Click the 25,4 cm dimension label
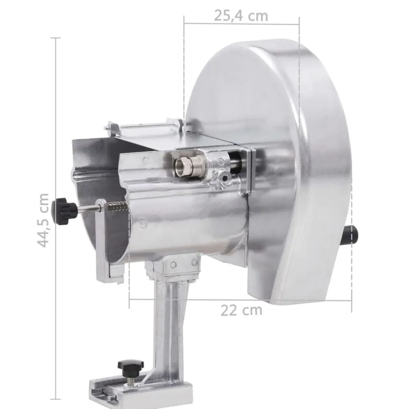241,16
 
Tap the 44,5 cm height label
43,220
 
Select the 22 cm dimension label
241,310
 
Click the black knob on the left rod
64,211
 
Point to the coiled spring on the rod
117,207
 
